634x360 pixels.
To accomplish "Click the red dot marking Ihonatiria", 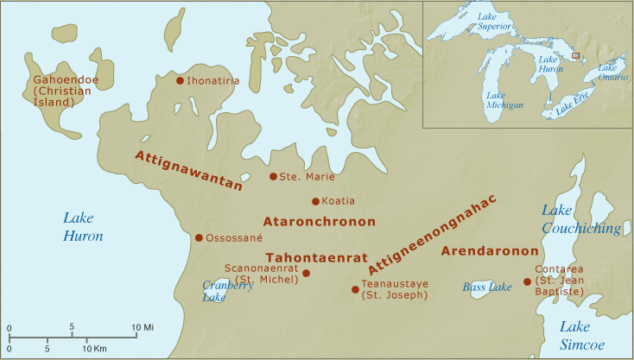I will click(x=180, y=81).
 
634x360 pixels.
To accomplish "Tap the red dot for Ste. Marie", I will click(x=273, y=176).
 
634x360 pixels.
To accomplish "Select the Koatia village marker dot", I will click(x=315, y=201).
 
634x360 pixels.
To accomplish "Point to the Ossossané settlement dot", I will click(x=199, y=237).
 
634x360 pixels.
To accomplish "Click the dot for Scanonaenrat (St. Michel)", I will click(x=306, y=273).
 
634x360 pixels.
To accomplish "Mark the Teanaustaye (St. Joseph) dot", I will click(x=355, y=289).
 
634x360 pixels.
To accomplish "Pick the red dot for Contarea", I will click(x=528, y=281).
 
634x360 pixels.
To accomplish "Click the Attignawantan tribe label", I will click(x=188, y=169).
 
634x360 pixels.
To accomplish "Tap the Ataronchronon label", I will click(x=320, y=221).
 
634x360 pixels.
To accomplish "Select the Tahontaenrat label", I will click(x=317, y=257).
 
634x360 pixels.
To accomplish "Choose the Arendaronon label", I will click(x=484, y=251).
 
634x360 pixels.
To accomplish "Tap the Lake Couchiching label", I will click(x=580, y=219).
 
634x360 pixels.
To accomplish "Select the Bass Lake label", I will click(x=487, y=287).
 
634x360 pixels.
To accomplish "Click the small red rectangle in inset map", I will click(x=575, y=56).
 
